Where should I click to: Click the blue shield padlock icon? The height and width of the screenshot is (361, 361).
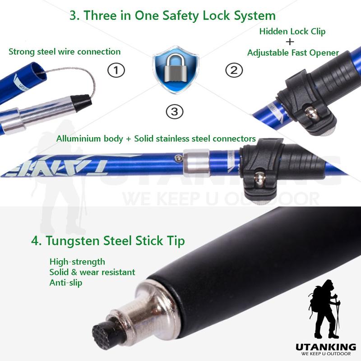click(176, 69)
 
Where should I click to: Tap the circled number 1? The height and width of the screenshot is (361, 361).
click(116, 70)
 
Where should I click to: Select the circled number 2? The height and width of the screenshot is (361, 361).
click(234, 70)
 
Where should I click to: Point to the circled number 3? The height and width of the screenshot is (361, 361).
click(175, 111)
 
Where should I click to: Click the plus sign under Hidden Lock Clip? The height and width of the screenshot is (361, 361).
click(290, 42)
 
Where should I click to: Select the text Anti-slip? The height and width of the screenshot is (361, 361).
click(66, 282)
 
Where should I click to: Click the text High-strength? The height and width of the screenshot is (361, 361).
click(77, 262)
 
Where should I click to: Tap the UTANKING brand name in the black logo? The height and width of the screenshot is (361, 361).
click(326, 347)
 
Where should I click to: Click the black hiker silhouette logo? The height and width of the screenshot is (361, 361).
click(324, 309)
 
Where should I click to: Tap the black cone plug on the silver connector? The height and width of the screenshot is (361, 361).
click(81, 103)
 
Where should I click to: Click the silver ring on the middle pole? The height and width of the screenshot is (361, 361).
click(196, 163)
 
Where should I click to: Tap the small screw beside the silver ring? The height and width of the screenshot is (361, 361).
click(178, 158)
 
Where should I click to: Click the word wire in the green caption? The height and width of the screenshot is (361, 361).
click(66, 51)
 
